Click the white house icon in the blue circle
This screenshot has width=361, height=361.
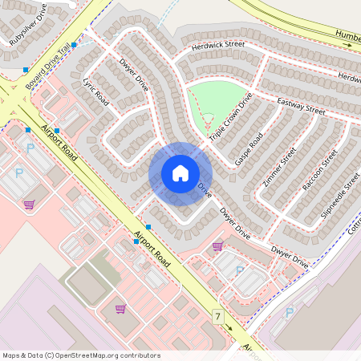point(180,173)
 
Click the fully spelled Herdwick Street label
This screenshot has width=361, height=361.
point(218,47)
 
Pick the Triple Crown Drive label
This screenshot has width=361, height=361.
point(230,117)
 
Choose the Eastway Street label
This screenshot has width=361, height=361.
point(301,106)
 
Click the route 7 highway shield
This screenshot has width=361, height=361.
point(217,317)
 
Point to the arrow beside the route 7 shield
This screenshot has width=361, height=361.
point(229,327)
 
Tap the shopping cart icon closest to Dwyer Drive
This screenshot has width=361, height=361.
point(217,247)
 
